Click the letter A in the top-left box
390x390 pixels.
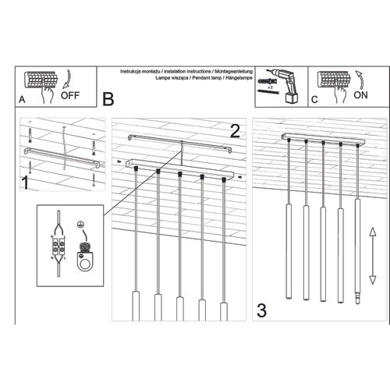pyautogui.click(x=23, y=101)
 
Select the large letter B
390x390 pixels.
pyautogui.click(x=108, y=99)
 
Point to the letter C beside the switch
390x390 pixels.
pyautogui.click(x=314, y=101)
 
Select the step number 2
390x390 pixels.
pyautogui.click(x=233, y=130)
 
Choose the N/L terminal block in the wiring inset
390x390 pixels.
pyautogui.click(x=57, y=247)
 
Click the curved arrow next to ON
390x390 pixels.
pyautogui.click(x=360, y=80)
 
